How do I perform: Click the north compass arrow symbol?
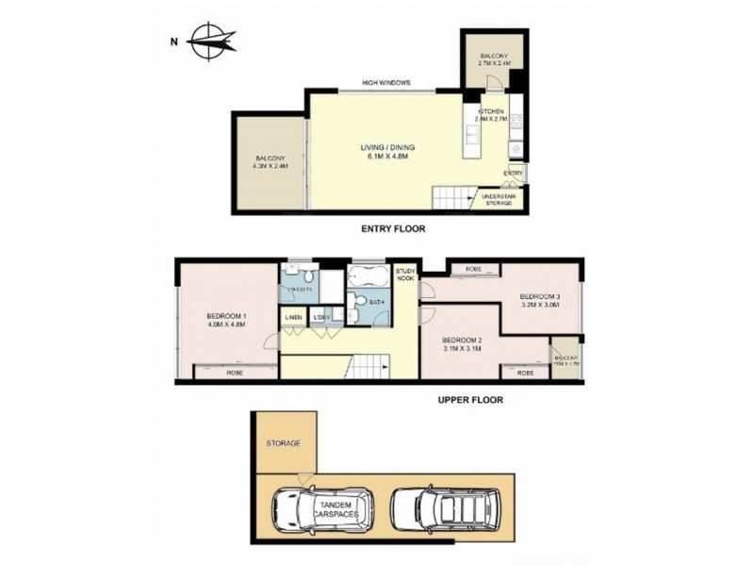click(x=211, y=41)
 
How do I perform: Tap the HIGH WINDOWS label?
click(x=386, y=83)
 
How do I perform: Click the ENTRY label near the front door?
click(x=514, y=174)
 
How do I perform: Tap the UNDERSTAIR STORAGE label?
click(x=499, y=198)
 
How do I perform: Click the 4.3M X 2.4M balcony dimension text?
click(x=270, y=166)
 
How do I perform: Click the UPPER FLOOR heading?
click(x=469, y=399)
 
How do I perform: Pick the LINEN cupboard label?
click(x=293, y=317)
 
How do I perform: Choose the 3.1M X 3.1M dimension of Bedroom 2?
click(x=463, y=348)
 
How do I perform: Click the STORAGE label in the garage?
click(x=283, y=442)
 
